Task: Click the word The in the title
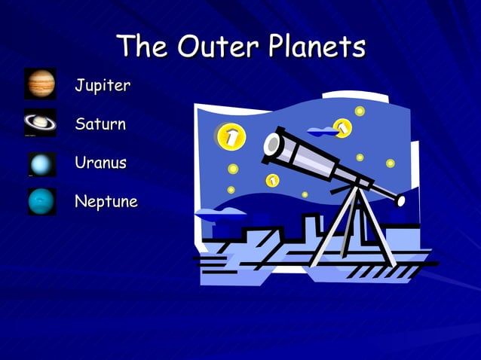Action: point(143,47)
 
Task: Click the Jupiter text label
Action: point(102,85)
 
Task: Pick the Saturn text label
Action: point(100,124)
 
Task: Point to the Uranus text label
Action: point(100,163)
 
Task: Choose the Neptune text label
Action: point(106,202)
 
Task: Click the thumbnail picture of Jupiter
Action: point(40,84)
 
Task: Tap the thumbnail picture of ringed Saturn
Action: point(40,123)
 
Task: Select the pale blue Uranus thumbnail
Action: point(41,163)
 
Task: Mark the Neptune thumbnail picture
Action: point(41,201)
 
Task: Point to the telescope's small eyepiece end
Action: point(400,200)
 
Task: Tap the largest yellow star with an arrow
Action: point(231,136)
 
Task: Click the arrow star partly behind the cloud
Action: point(343,128)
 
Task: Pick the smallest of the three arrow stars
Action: point(272,180)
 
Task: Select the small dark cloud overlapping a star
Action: point(323,132)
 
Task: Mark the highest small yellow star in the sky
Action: point(360,111)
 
